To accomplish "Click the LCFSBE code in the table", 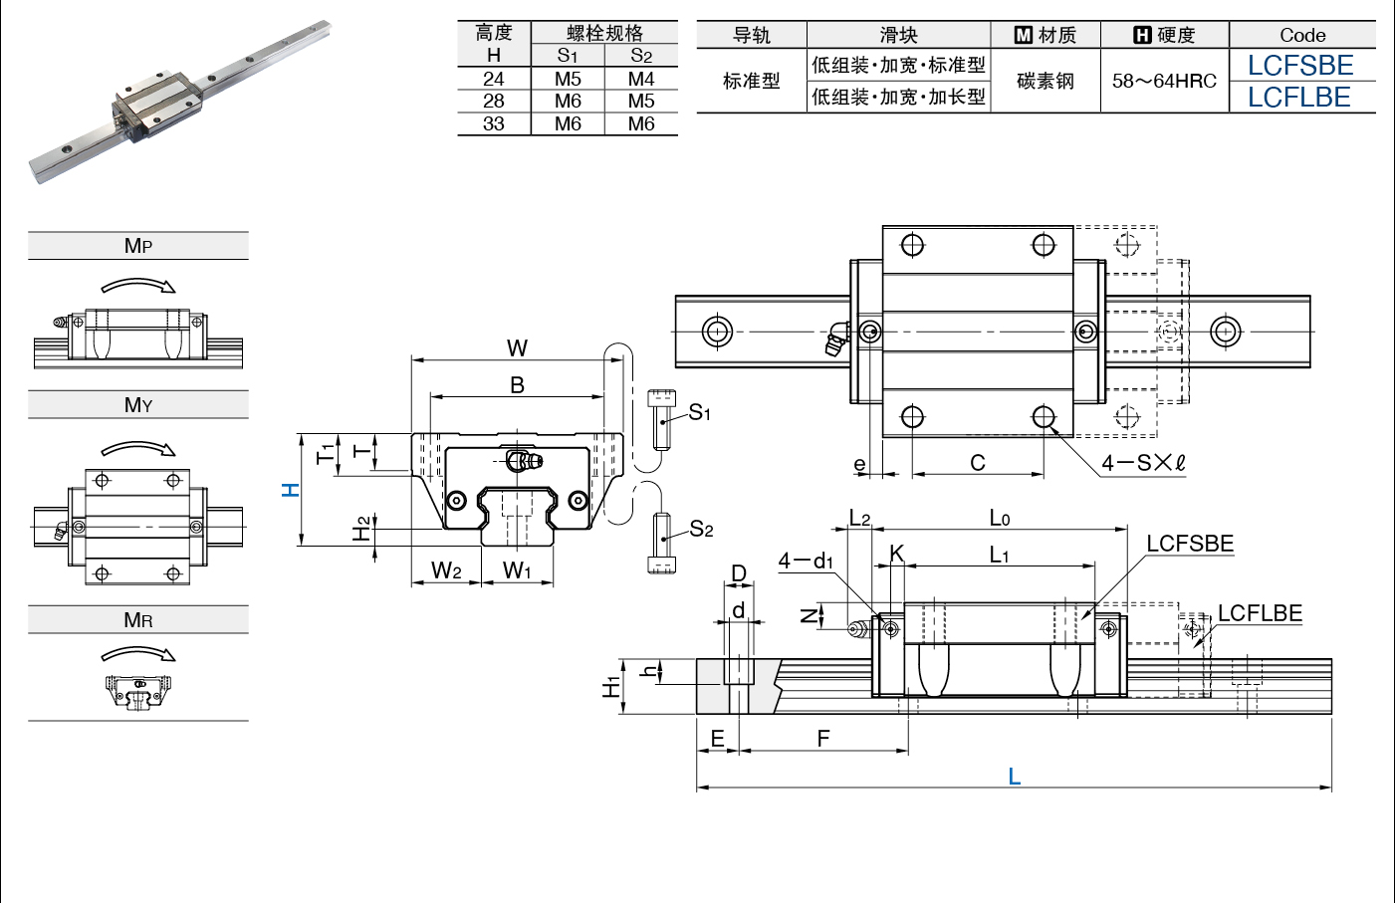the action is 1300,66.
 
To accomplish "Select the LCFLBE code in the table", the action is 1299,98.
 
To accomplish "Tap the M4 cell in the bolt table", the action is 641,79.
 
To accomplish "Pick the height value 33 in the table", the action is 493,123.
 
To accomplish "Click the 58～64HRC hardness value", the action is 1164,81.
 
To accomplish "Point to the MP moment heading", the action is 138,245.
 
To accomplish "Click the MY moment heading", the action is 138,405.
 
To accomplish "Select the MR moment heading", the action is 138,619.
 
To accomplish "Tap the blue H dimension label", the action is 291,490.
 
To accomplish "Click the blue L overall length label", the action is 1015,777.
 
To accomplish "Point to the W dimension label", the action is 517,348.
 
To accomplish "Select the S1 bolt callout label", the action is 699,412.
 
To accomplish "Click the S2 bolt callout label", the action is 701,530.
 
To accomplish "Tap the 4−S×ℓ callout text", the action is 1143,463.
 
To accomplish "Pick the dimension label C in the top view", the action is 978,463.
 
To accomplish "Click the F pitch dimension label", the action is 823,739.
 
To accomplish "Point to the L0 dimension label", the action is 1000,518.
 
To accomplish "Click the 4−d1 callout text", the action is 806,562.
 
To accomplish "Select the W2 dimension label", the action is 446,569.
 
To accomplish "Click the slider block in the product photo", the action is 157,106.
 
